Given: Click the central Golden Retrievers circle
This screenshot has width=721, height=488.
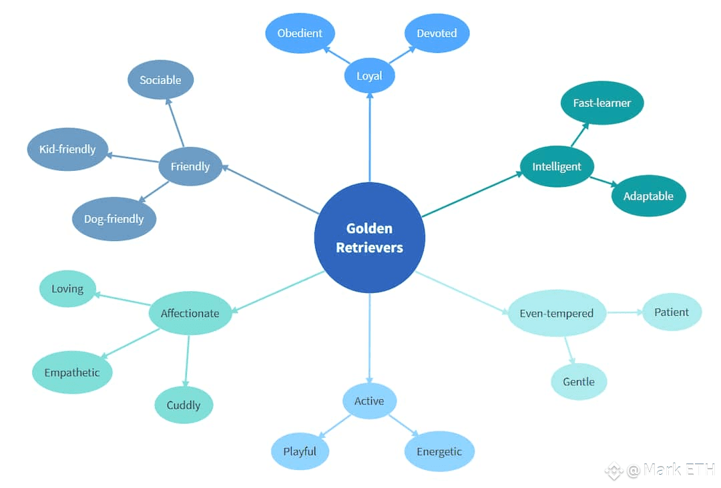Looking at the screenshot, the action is [370, 238].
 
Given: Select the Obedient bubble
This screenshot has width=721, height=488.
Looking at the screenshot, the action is [300, 33].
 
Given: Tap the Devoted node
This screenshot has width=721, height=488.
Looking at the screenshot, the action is [437, 33].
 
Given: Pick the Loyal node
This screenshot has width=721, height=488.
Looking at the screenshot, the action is [369, 75].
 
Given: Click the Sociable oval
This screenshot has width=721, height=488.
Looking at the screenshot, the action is [160, 79].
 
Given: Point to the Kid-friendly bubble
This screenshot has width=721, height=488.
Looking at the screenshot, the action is [67, 149].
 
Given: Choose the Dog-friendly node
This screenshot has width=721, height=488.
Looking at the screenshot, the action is [114, 219].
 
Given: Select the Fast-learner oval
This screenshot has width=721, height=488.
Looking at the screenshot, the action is [602, 103].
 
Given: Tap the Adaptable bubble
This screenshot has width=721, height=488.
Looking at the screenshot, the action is [648, 196].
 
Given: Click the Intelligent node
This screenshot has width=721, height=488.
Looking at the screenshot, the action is [557, 166].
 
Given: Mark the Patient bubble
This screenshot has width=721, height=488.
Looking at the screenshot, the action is [672, 312].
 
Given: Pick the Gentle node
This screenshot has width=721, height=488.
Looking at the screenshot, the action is [579, 381].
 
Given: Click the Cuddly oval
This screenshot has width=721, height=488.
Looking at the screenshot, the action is [184, 405].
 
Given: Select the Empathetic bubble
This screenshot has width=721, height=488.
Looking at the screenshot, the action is [72, 372].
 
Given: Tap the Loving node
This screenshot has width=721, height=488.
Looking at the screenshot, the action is [67, 288].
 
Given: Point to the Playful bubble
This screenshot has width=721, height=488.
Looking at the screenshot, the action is [300, 451].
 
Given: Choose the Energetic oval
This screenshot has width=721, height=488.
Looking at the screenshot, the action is [439, 451].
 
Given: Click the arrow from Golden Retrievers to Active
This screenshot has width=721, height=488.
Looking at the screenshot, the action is [370, 338].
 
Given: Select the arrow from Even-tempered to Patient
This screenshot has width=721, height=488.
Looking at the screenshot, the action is [624, 312].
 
